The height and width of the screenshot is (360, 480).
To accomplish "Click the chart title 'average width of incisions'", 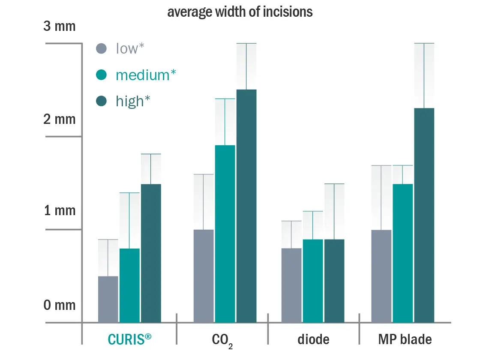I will [240, 12].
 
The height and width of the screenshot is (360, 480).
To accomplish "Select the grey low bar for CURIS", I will [108, 299].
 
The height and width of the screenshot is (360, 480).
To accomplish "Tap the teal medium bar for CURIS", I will [129, 285].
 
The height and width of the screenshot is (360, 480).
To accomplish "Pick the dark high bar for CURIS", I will [151, 253].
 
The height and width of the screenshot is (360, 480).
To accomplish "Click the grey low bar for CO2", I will [204, 276].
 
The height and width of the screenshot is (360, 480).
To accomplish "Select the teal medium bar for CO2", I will [225, 234].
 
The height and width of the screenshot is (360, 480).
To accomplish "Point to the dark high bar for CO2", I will [246, 206].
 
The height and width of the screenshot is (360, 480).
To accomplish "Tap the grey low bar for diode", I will [291, 285].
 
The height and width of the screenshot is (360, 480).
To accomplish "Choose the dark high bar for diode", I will [334, 281].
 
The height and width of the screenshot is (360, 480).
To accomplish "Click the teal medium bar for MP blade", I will [402, 253].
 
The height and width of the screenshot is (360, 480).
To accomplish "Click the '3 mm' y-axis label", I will [60, 27].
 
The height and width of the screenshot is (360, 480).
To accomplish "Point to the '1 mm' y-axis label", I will [60, 211].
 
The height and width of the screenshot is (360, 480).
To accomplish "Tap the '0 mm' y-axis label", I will [60, 305].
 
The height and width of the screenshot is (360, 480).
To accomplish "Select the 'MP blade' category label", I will [405, 339].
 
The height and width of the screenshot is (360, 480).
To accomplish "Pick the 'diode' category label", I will [313, 339].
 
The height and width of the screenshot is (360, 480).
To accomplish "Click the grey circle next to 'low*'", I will [101, 48].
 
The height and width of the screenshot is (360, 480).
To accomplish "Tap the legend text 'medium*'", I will [146, 75].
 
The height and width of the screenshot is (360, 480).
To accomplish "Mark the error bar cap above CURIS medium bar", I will [129, 193].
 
